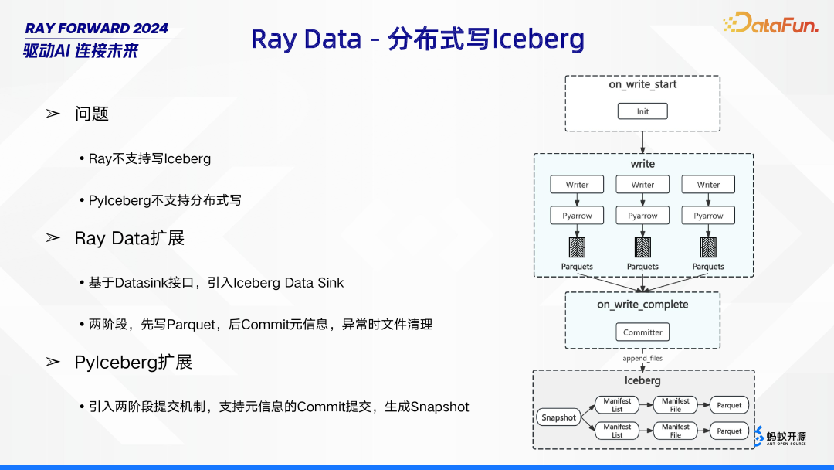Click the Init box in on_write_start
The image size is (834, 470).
[642, 111]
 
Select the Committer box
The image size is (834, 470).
[642, 332]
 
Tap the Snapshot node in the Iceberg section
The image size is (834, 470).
[558, 417]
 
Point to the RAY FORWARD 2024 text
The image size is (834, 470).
[97, 29]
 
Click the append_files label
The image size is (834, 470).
[642, 359]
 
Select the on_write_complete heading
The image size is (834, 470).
[642, 305]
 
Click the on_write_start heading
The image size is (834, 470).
[642, 84]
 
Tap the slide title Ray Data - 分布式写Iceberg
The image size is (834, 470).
[418, 39]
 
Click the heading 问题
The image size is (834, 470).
[92, 114]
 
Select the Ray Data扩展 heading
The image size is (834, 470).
[130, 238]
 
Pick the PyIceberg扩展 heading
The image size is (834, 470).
[134, 362]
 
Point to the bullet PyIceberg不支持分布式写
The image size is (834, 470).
[165, 200]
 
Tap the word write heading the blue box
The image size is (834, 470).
[642, 164]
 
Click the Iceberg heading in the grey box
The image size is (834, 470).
[642, 380]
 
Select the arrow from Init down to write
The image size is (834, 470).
[642, 141]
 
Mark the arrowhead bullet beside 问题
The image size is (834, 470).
[53, 114]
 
